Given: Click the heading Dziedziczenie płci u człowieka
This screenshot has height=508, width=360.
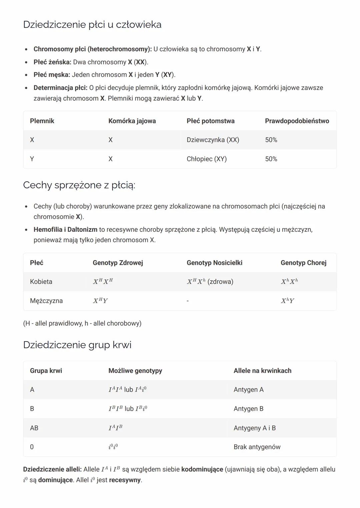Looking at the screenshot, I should pyautogui.click(x=92, y=25).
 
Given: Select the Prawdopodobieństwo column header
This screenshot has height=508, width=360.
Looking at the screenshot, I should pyautogui.click(x=297, y=121).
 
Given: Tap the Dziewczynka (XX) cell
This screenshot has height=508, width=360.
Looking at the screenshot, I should pyautogui.click(x=213, y=140).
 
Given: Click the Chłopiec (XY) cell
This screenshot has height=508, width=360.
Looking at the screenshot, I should pyautogui.click(x=206, y=159).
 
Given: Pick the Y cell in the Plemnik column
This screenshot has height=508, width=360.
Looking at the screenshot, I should pyautogui.click(x=32, y=159).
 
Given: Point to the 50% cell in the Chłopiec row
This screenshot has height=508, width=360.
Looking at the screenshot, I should pyautogui.click(x=271, y=159).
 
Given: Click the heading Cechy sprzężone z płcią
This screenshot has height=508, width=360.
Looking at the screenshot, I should pyautogui.click(x=79, y=185).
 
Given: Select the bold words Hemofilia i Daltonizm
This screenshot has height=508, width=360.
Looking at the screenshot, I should pyautogui.click(x=65, y=230).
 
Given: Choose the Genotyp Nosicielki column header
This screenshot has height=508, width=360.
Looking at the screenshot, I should pyautogui.click(x=214, y=263).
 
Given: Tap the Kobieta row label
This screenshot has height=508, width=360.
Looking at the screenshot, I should pyautogui.click(x=41, y=282).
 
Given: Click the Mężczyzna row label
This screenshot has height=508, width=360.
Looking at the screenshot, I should pyautogui.click(x=46, y=301).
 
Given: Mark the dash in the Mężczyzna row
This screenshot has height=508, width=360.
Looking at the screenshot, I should pyautogui.click(x=188, y=301).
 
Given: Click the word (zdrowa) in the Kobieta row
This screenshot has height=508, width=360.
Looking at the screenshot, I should pyautogui.click(x=220, y=282).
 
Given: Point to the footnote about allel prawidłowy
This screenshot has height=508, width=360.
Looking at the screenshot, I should pyautogui.click(x=82, y=323).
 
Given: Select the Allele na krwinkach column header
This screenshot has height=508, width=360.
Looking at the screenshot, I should pyautogui.click(x=262, y=371).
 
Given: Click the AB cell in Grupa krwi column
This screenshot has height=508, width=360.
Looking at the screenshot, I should pyautogui.click(x=34, y=428).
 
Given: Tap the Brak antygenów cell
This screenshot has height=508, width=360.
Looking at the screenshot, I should pyautogui.click(x=257, y=447).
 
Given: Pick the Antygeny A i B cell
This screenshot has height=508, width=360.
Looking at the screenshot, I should pyautogui.click(x=254, y=428).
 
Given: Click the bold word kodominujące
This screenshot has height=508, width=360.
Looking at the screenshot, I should pyautogui.click(x=202, y=469).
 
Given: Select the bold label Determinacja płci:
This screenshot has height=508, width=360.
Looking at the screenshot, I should pyautogui.click(x=60, y=88).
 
